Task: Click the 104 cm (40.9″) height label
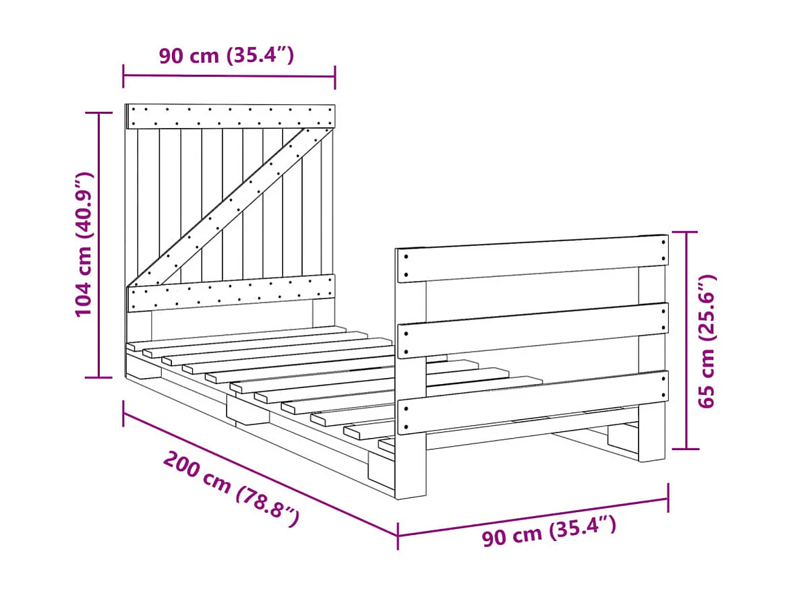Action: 83,245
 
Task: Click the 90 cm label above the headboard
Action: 227,55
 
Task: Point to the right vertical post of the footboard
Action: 651,431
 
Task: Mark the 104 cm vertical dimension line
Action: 100,245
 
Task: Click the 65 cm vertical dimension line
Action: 686,340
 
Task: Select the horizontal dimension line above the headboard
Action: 229,76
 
